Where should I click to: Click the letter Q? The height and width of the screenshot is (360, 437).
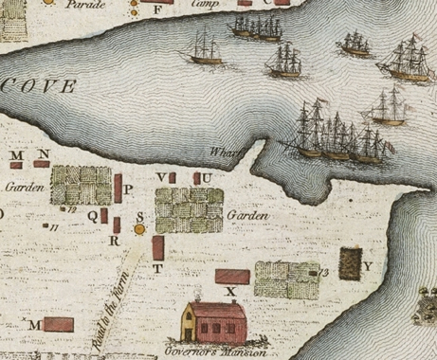pyautogui.click(x=92, y=215)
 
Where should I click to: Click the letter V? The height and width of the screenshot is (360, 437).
pyautogui.click(x=161, y=177)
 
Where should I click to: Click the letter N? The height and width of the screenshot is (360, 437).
pyautogui.click(x=44, y=153)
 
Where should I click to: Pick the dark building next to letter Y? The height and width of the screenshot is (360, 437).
pyautogui.click(x=350, y=262)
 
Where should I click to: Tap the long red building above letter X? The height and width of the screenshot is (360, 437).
pyautogui.click(x=233, y=276)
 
